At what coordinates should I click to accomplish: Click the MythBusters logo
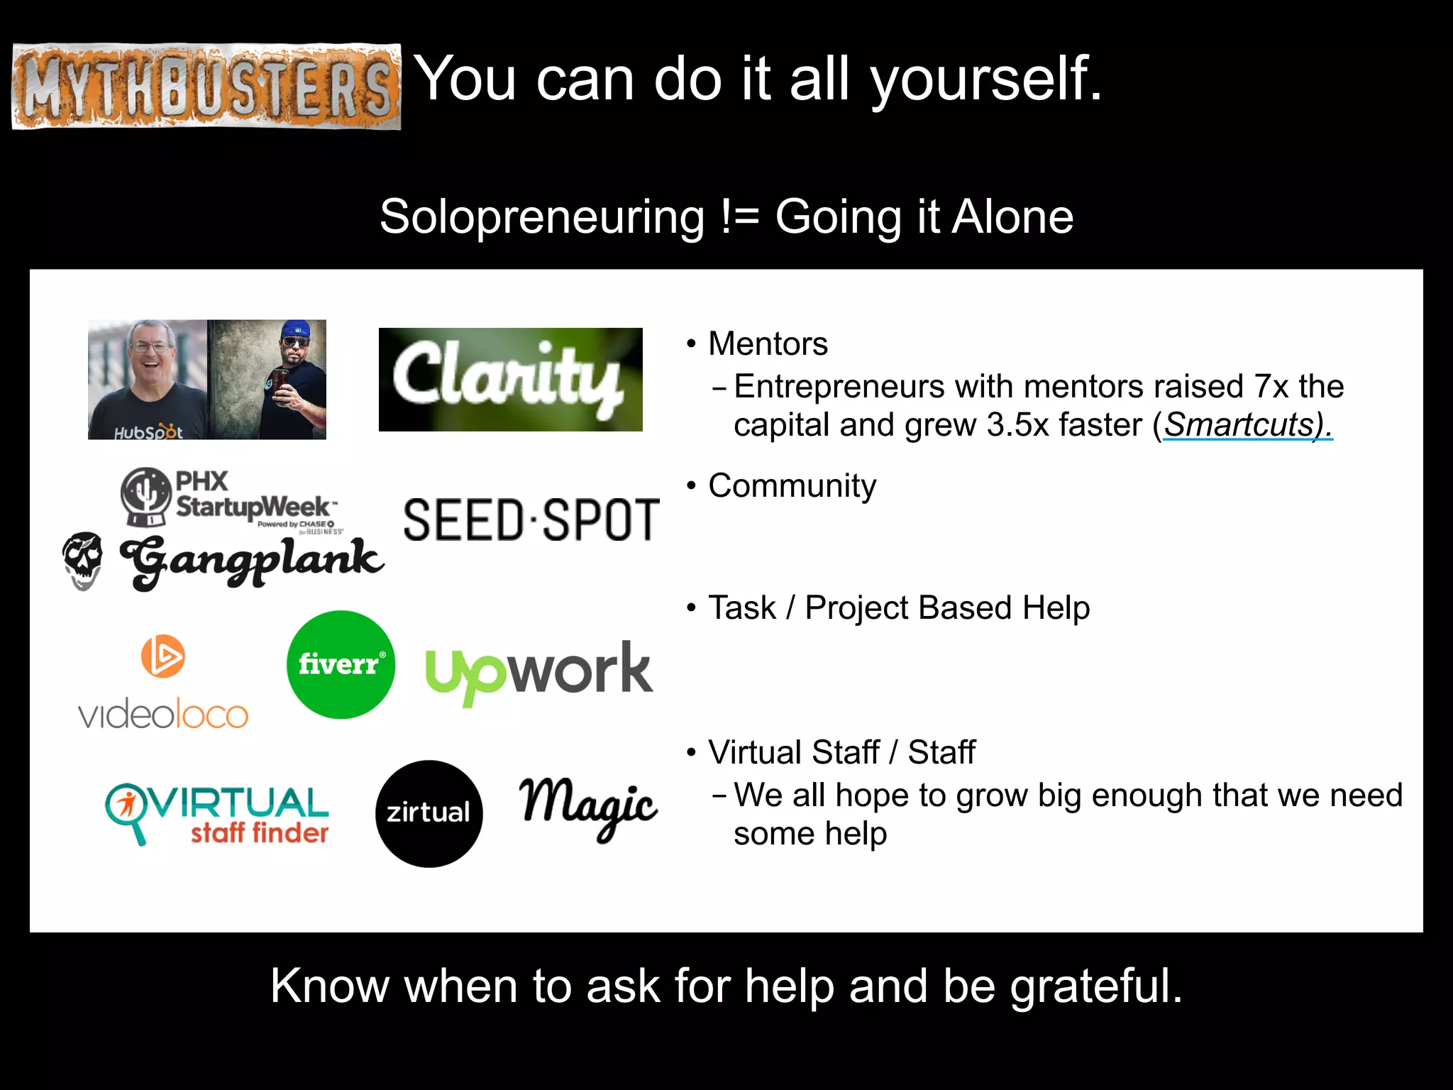click(x=206, y=87)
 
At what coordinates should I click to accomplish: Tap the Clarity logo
click(x=510, y=379)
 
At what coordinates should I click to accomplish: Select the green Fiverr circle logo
click(x=341, y=664)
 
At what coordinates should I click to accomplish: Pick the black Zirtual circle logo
click(x=429, y=813)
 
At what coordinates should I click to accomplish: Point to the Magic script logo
click(x=589, y=808)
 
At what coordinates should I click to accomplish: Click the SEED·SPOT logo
click(x=531, y=519)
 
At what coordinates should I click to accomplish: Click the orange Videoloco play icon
click(x=162, y=656)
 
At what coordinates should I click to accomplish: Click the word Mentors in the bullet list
click(x=768, y=344)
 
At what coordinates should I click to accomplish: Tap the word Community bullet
click(x=792, y=486)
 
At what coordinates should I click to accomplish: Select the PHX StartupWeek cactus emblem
click(x=145, y=495)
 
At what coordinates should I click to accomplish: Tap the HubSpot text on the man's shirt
click(x=148, y=432)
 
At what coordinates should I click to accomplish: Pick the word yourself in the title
click(x=986, y=79)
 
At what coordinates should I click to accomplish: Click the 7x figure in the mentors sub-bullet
click(x=1271, y=387)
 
